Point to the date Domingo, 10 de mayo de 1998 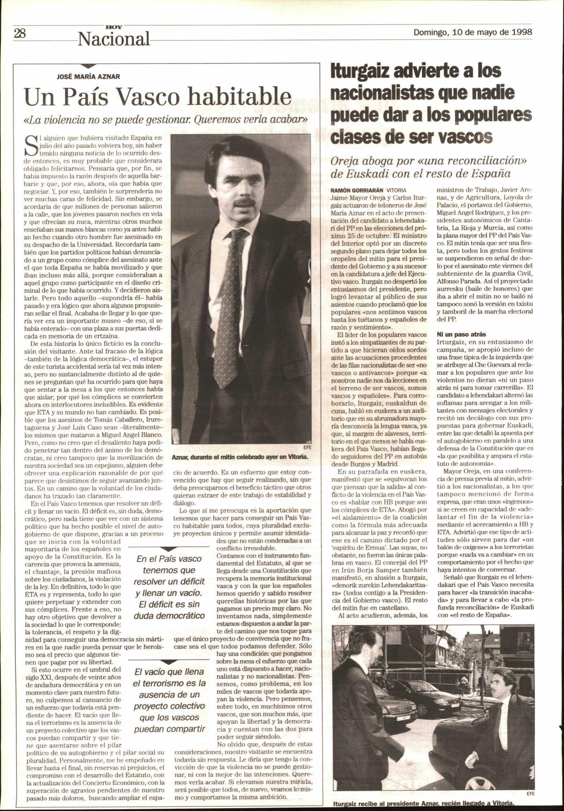click(472, 32)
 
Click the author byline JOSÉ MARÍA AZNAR click(88, 76)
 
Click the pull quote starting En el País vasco click(169, 587)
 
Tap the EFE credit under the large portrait click(308, 448)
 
